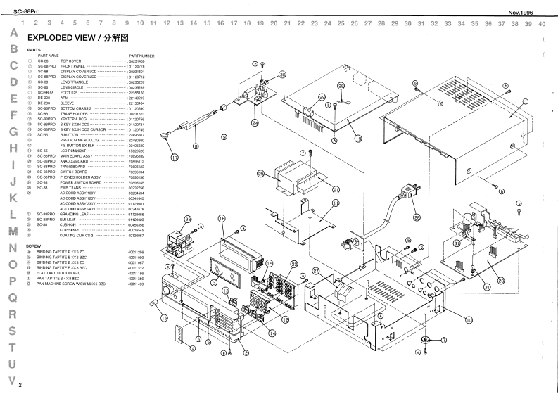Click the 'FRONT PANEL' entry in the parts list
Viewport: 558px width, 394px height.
pyautogui.click(x=73, y=66)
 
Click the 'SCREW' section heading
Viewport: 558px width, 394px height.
pyautogui.click(x=32, y=246)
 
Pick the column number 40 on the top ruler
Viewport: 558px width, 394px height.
pyautogui.click(x=541, y=23)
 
